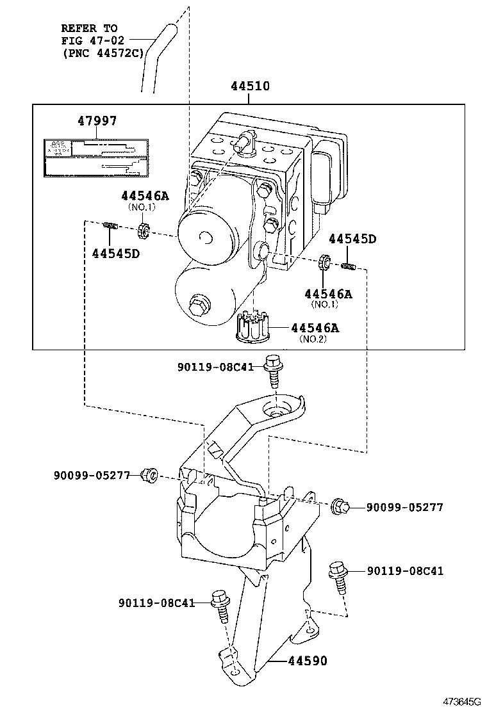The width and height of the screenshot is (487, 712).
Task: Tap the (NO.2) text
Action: pyautogui.click(x=313, y=339)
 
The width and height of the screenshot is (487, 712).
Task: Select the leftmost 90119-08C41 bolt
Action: pyautogui.click(x=221, y=606)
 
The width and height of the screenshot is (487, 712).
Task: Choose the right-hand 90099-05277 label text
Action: pyautogui.click(x=404, y=507)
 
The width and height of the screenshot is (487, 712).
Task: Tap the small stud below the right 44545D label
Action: pyautogui.click(x=349, y=264)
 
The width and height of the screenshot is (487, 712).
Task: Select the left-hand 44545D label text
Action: pyautogui.click(x=115, y=254)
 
